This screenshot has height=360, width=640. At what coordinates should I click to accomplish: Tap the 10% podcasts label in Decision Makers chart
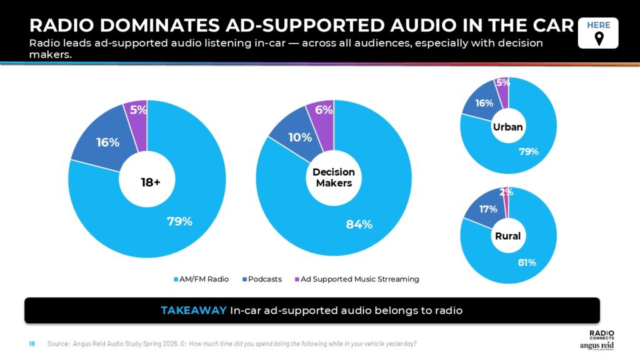(300, 137)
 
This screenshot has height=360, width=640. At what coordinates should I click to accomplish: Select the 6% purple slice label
(323, 110)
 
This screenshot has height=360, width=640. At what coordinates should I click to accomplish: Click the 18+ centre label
(150, 182)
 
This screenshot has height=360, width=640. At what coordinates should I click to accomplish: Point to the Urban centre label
(507, 127)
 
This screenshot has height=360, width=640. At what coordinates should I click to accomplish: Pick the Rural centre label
(507, 236)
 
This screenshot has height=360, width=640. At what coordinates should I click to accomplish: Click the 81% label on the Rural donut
(527, 262)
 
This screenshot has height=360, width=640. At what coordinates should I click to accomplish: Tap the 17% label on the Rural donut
(488, 209)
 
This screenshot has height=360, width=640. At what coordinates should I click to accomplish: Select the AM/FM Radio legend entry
(201, 279)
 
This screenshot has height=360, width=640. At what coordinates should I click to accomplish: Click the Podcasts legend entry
(262, 279)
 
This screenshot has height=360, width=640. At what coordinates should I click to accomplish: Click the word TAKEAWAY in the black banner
(193, 311)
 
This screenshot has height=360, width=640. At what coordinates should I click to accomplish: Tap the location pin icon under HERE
(598, 39)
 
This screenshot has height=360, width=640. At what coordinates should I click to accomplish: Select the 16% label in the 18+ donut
(107, 142)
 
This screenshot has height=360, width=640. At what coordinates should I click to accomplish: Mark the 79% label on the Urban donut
(528, 151)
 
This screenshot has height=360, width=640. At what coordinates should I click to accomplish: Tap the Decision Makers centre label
(334, 177)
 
